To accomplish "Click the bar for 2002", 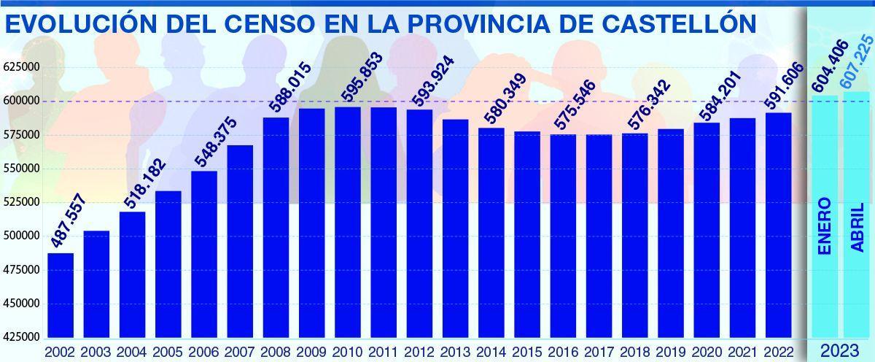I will pyautogui.click(x=61, y=295).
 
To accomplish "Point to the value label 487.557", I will pyautogui.click(x=68, y=221).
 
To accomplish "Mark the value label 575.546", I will pyautogui.click(x=575, y=104).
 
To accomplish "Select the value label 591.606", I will pyautogui.click(x=783, y=88).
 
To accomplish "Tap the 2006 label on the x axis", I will pyautogui.click(x=203, y=352).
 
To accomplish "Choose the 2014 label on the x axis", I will pyautogui.click(x=491, y=352).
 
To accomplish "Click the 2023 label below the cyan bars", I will pyautogui.click(x=839, y=352).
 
